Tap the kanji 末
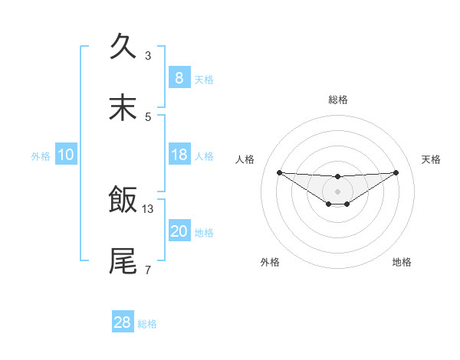[x=123, y=108]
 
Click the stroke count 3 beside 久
[x=148, y=56]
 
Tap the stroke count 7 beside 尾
[x=148, y=270]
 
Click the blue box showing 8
[x=179, y=78]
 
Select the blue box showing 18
[x=179, y=155]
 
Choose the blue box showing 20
[x=179, y=231]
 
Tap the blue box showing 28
[x=123, y=322]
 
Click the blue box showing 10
[x=66, y=155]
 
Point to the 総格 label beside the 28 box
[x=147, y=324]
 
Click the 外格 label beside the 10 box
[x=41, y=156]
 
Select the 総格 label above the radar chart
[x=337, y=100]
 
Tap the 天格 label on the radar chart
[x=432, y=159]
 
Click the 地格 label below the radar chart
[x=402, y=262]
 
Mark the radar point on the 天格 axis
[x=396, y=172]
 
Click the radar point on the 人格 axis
[x=279, y=172]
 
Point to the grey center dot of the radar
[x=337, y=191]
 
